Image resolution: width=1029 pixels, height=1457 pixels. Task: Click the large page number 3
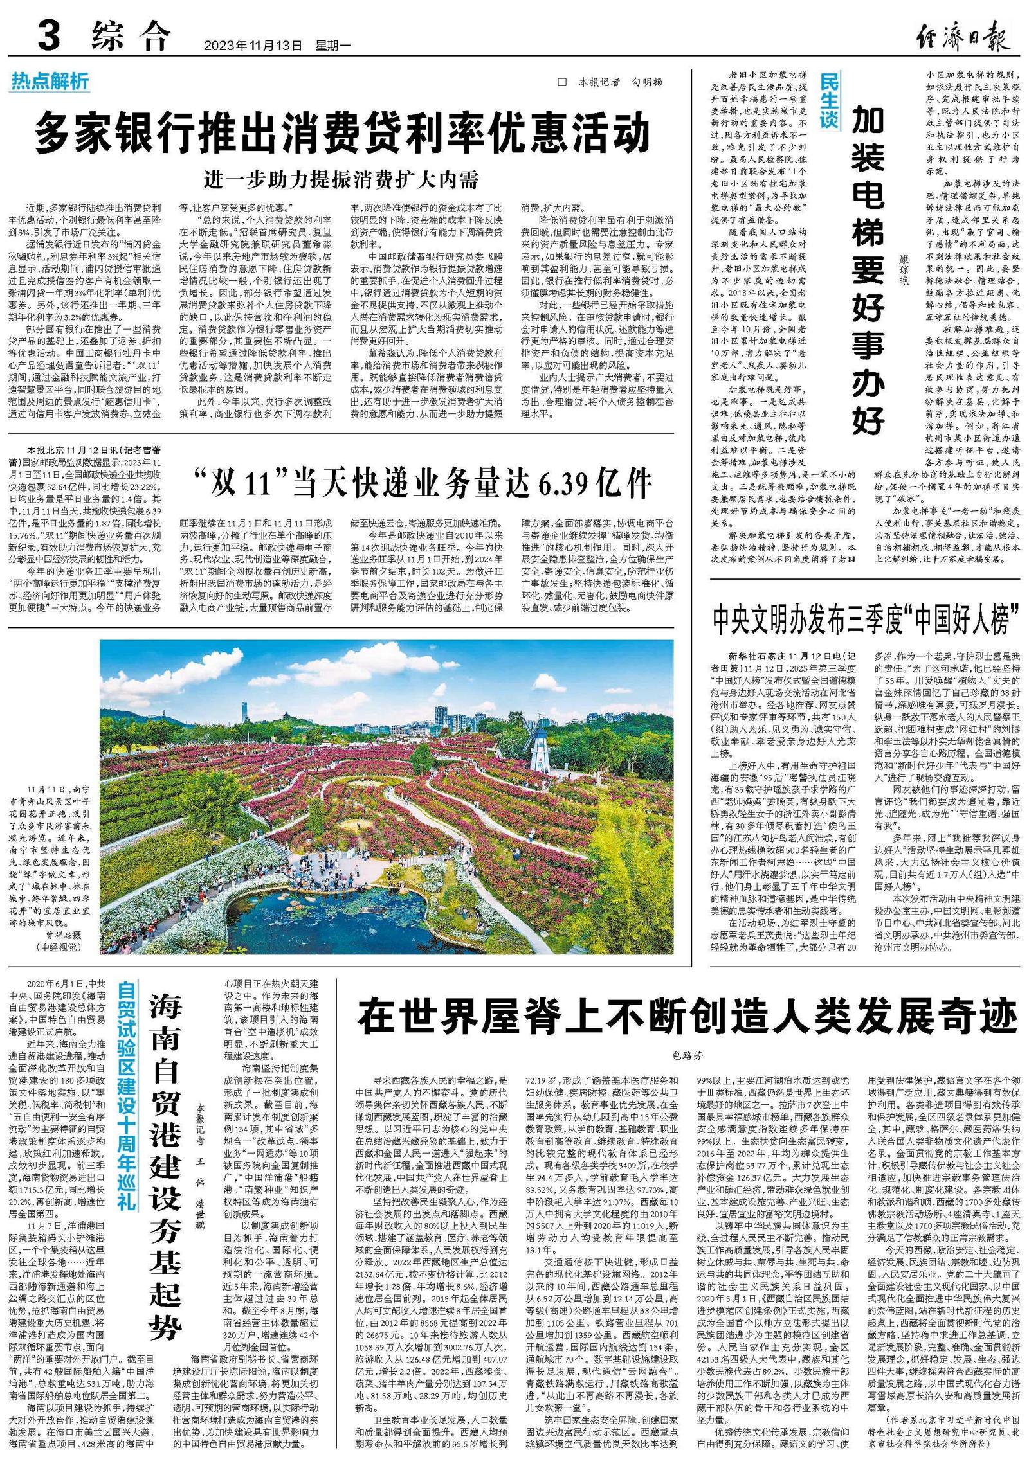tap(50, 36)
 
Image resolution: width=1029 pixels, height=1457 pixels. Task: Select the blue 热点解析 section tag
tap(50, 82)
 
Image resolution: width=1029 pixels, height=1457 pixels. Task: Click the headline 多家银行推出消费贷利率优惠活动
tap(342, 132)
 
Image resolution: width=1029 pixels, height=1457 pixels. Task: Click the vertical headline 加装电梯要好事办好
tap(868, 270)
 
